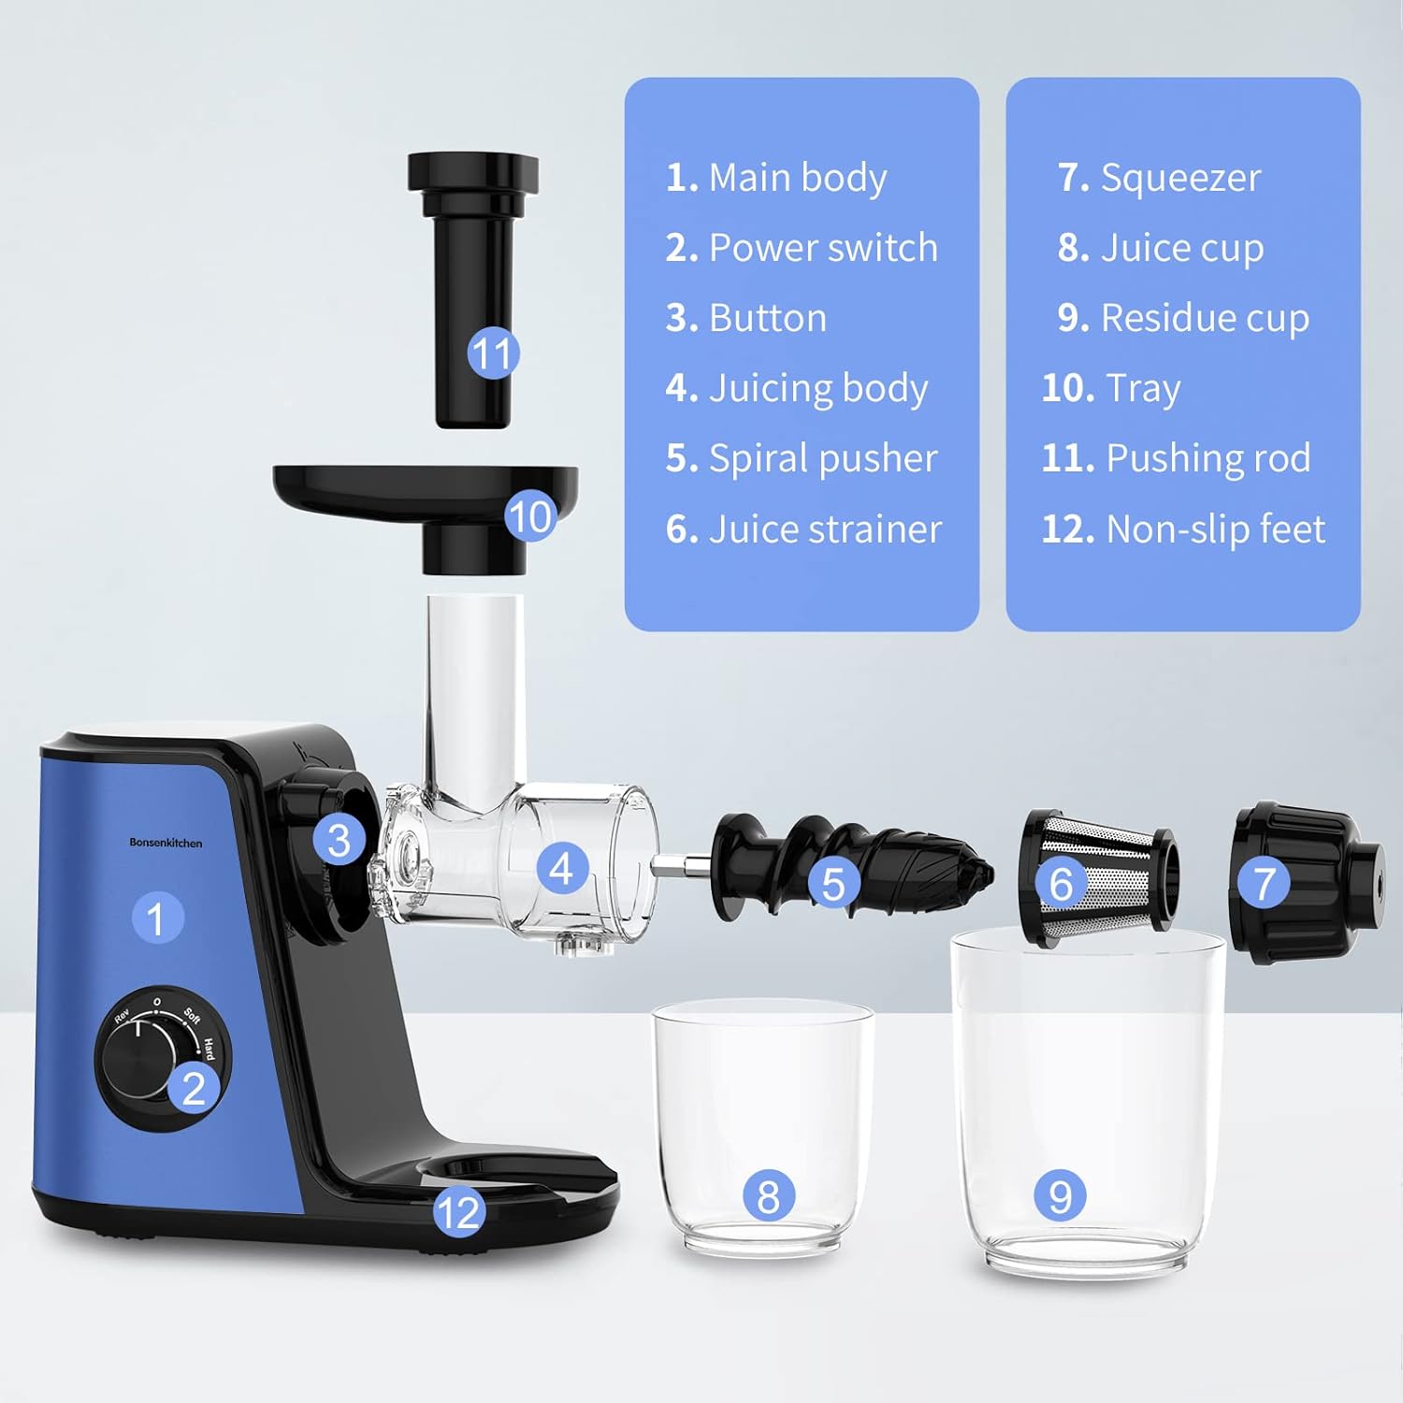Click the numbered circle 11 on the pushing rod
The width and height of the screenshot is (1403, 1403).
pos(493,354)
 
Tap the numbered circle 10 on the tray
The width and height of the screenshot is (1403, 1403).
pos(530,516)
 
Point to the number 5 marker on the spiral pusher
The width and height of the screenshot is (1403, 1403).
pos(832,884)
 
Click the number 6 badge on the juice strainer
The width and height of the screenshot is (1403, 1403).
pos(1061,884)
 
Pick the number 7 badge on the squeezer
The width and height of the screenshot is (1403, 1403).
pos(1265,882)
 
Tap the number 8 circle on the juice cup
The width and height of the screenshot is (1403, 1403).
pos(768,1196)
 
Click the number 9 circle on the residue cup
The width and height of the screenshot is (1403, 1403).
pos(1060,1196)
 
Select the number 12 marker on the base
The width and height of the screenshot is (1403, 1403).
pos(458,1212)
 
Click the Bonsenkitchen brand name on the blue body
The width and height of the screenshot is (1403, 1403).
pos(166,843)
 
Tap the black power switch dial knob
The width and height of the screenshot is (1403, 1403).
pos(137,1059)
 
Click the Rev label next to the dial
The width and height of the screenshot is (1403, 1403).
pos(123,1017)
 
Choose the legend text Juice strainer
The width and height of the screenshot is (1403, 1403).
pos(824,529)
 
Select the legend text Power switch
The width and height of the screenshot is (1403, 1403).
pos(822,248)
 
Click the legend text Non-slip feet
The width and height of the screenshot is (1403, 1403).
pos(1215,529)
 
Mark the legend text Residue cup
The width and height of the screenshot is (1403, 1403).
pos(1204,318)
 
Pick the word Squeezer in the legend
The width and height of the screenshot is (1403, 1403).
pos(1180,178)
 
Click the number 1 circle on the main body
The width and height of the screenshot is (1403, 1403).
pos(156,918)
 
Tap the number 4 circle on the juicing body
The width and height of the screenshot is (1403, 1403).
pos(561,868)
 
